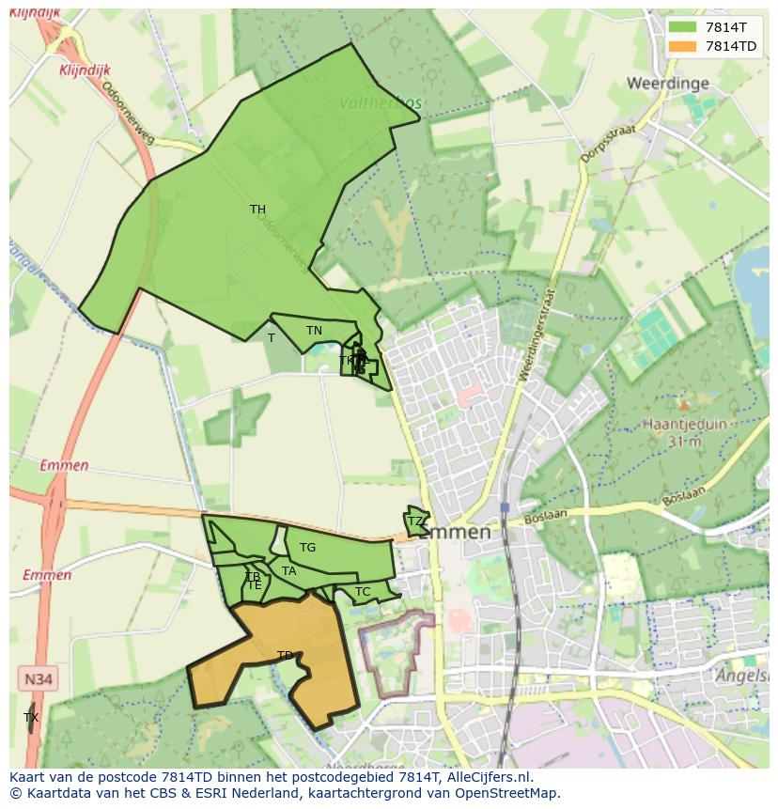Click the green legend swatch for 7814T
click(682, 27)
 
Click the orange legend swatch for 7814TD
click(682, 47)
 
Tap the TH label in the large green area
click(257, 210)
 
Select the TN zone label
click(314, 331)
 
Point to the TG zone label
click(307, 548)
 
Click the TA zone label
click(288, 571)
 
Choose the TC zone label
click(363, 592)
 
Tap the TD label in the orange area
click(285, 656)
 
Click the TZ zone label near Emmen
click(414, 521)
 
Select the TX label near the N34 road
click(31, 718)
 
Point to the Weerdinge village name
click(667, 84)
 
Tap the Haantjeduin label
click(684, 425)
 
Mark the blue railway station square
click(505, 507)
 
